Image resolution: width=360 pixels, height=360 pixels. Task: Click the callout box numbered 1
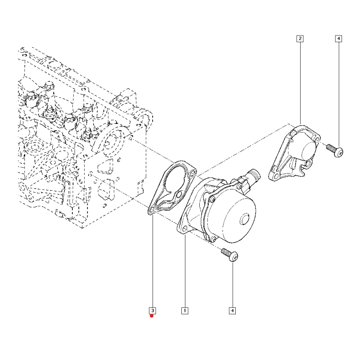pos(184,310)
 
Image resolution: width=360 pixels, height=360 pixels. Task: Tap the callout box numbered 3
pos(153,310)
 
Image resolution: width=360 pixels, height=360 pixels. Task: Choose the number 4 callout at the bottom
pos(232,310)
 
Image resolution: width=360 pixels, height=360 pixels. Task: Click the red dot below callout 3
pos(152,316)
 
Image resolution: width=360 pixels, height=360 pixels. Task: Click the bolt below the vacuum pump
pos(229,255)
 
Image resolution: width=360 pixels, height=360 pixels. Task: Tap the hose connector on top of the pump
pos(250,176)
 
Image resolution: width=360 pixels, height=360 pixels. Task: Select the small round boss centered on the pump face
pos(245,220)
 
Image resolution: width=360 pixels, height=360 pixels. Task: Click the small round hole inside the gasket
pos(179,195)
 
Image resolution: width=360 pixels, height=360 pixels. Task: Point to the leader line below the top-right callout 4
pos(338,90)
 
